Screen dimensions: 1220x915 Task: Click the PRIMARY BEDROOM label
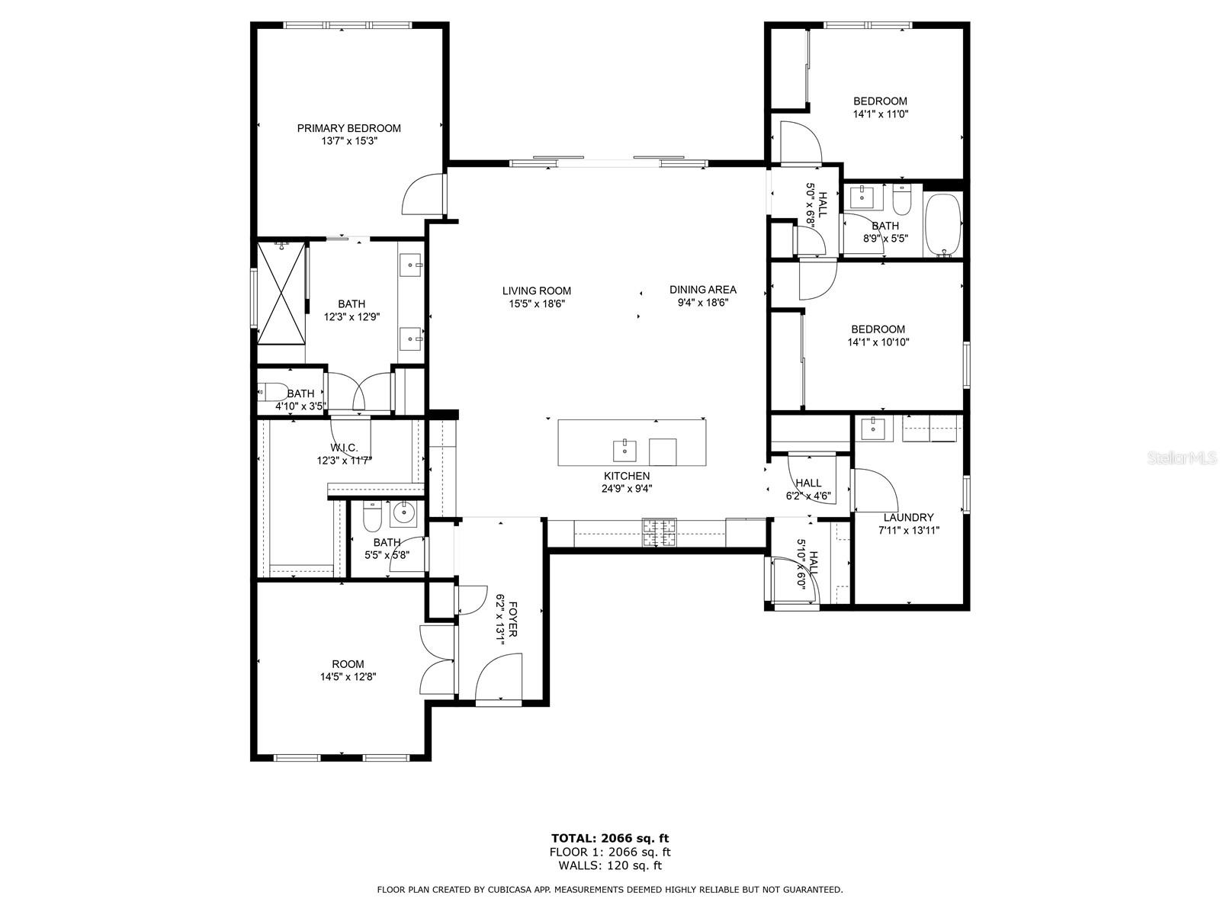348,128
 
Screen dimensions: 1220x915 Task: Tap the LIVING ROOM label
536,291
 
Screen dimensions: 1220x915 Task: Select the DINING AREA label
702,290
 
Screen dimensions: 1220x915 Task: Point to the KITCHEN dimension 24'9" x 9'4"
628,489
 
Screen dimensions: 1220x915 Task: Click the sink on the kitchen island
624,451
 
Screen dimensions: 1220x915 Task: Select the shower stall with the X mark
281,293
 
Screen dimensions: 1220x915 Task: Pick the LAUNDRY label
908,517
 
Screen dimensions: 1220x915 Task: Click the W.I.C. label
344,448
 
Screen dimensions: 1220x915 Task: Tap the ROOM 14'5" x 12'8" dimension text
348,676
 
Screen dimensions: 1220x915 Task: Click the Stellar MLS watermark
1182,457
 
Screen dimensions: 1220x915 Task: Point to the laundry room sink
873,429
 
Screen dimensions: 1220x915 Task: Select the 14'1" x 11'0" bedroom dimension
881,114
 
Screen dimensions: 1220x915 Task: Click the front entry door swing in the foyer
499,676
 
